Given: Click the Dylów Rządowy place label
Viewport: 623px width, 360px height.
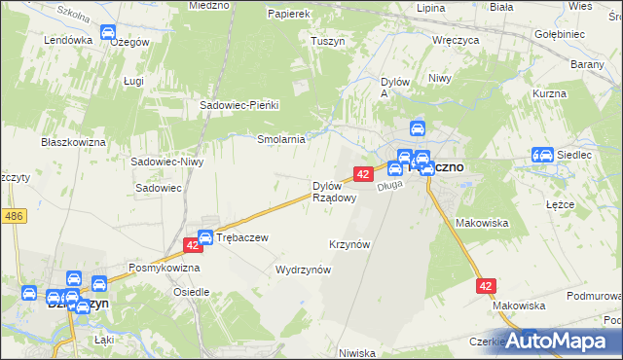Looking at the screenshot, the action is point(333,191).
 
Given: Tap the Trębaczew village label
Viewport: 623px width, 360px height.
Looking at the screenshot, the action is point(241,236).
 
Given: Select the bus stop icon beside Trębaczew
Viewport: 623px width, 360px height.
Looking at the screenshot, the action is point(205,236).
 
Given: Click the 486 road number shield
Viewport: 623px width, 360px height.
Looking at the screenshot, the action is point(13,216).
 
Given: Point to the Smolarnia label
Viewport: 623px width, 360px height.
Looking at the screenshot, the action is point(281,139).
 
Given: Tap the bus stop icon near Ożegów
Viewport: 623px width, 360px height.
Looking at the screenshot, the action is point(109,33).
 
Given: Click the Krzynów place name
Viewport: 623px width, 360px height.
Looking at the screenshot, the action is point(350,244).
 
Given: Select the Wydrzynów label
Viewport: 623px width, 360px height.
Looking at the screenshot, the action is point(304,270).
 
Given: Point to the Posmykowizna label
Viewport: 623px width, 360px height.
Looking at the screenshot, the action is point(165,267).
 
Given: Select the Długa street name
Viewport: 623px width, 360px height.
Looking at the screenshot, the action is point(390,182).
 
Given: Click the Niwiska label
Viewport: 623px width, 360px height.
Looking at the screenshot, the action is point(357,353).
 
